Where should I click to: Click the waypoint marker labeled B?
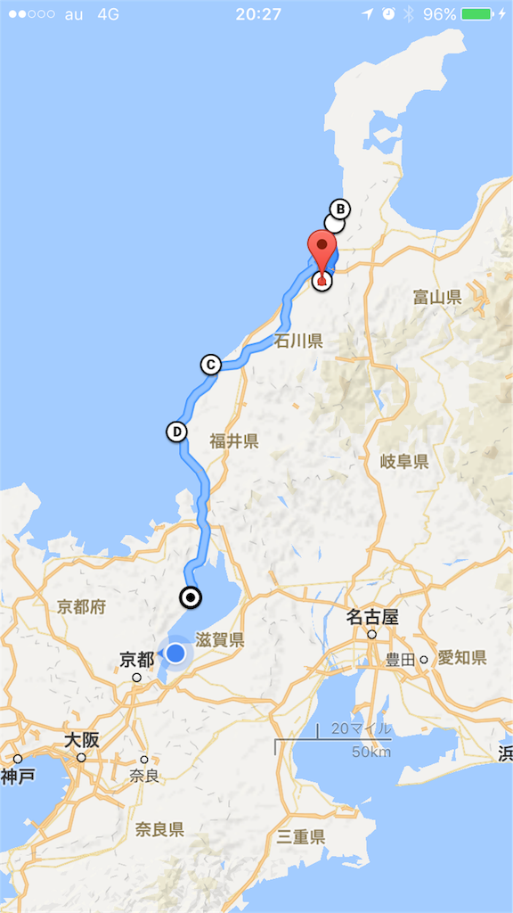click(339, 210)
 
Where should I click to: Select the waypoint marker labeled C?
click(210, 364)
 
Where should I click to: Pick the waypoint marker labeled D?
click(176, 432)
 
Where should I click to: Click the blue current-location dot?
click(175, 654)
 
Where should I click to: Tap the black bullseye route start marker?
click(191, 597)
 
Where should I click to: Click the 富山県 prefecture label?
click(437, 297)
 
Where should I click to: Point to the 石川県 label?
click(298, 341)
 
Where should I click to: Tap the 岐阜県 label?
click(404, 461)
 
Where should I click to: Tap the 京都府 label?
click(81, 607)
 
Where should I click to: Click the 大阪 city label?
click(80, 741)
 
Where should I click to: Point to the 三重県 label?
click(301, 836)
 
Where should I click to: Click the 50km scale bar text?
click(371, 752)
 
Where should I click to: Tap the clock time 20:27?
click(258, 14)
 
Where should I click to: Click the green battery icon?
click(478, 14)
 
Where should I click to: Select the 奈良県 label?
click(159, 830)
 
